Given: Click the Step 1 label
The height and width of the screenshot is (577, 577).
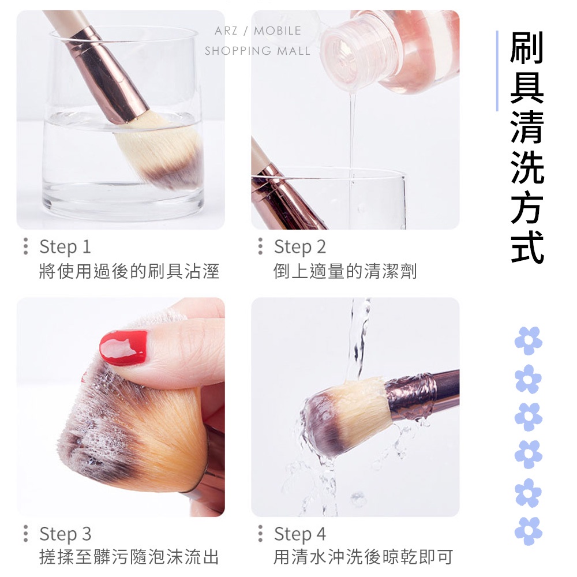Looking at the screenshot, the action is (65, 246).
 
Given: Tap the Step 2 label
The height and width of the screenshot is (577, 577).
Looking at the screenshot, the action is (300, 246).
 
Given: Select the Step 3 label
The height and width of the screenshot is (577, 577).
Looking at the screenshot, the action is (65, 534).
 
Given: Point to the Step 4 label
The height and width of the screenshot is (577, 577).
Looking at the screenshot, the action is (300, 534).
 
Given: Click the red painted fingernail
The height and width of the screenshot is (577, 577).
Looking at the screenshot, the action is (123, 347).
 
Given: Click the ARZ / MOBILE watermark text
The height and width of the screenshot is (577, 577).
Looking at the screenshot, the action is (257, 31).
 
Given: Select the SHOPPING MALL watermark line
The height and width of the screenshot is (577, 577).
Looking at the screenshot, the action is (257, 51).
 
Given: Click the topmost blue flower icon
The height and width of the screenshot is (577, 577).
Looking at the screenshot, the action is (528, 340).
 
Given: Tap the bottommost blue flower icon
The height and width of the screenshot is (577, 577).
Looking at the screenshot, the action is (528, 531).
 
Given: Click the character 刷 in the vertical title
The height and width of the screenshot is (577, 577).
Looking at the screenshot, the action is (527, 47).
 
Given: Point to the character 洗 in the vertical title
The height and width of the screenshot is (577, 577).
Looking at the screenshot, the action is (527, 167).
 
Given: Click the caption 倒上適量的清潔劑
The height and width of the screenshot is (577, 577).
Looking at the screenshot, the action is (345, 271).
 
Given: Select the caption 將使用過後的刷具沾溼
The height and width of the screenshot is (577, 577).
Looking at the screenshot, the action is (129, 271).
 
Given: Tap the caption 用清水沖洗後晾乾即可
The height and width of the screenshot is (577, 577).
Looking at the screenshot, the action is (363, 557).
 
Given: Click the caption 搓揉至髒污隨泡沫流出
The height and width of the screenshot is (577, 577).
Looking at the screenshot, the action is (129, 557).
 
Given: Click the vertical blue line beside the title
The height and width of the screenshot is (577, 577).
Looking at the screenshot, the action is (497, 70).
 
